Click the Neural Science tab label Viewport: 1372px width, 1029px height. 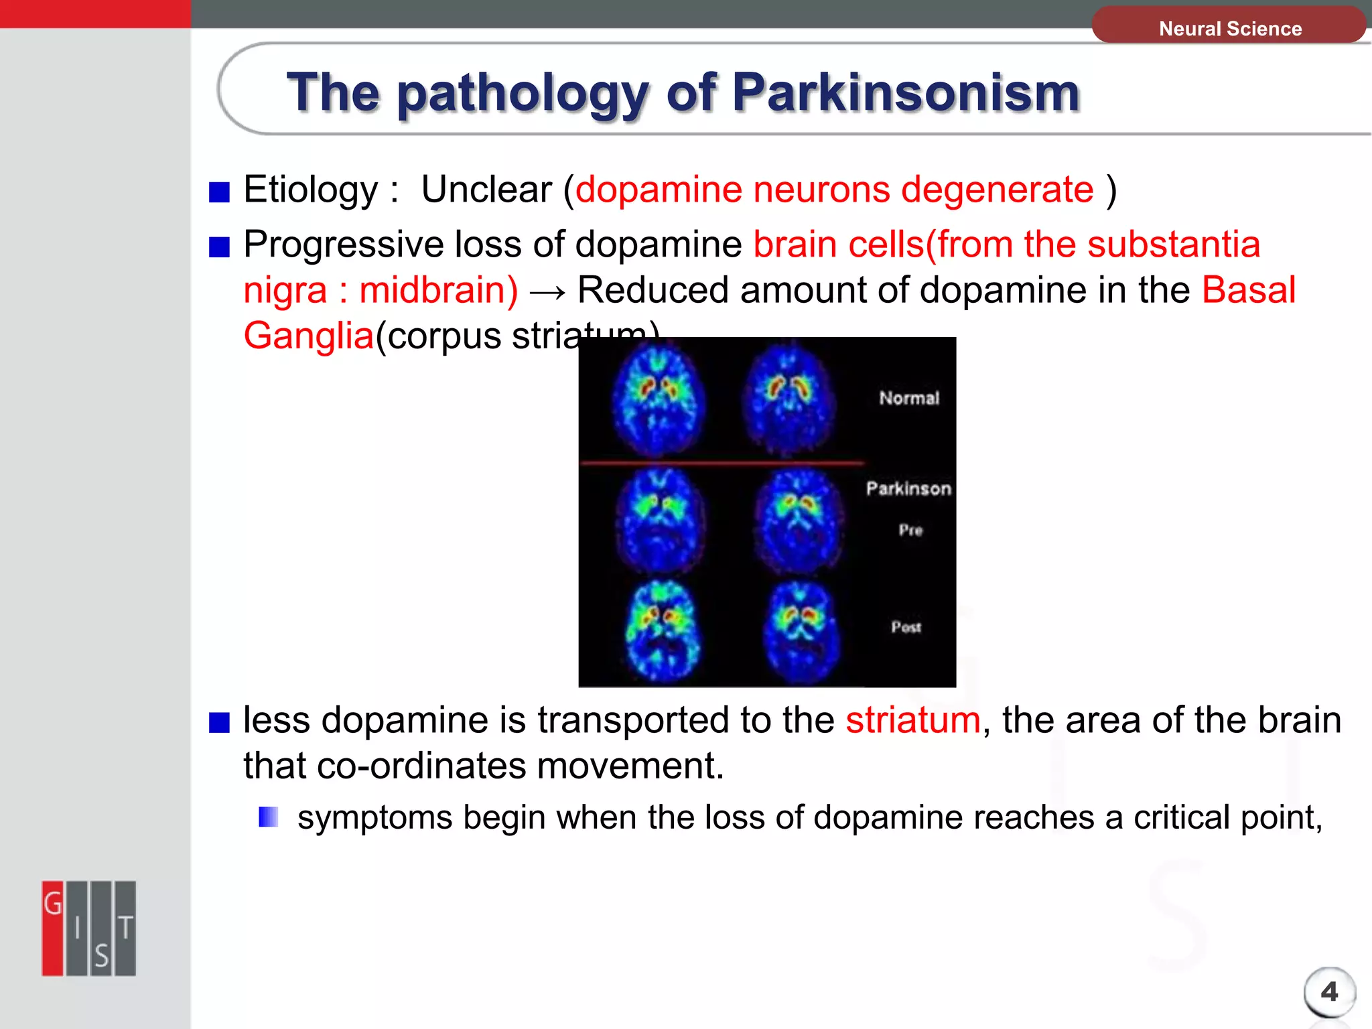point(1230,29)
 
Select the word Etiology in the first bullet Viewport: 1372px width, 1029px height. point(311,190)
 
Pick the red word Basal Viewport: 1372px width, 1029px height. point(1249,290)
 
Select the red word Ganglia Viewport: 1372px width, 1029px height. point(308,335)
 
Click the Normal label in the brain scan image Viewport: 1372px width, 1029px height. point(909,398)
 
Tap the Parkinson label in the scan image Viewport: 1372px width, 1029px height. point(908,488)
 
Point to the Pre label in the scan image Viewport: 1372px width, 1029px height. point(910,530)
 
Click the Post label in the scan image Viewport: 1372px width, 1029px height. point(906,627)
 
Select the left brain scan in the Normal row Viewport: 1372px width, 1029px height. point(658,399)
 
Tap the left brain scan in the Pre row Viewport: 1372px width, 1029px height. point(660,520)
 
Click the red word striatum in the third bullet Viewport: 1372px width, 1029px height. point(912,720)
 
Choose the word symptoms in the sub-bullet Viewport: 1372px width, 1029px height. point(374,818)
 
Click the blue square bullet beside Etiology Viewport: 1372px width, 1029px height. point(219,192)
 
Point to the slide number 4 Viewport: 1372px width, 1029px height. point(1329,991)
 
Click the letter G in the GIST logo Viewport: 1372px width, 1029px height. point(53,904)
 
